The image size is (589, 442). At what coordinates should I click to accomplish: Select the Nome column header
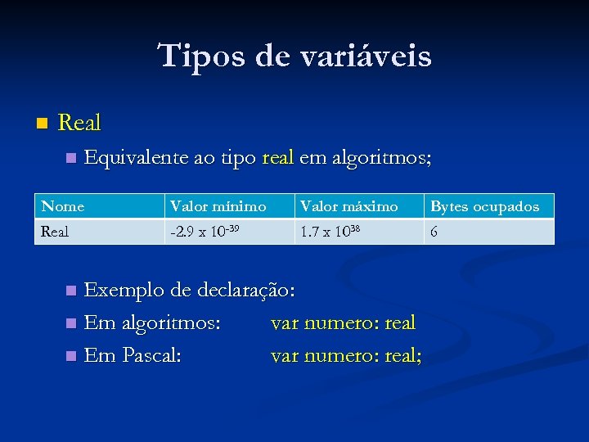63,206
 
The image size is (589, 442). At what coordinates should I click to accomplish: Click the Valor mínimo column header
218,206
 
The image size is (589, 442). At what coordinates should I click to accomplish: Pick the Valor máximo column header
349,206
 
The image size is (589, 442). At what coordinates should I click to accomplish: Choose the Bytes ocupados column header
484,206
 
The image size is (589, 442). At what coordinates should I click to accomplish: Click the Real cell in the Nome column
55,232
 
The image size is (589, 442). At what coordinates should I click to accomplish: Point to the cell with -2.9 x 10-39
205,232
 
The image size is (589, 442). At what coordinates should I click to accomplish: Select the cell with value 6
434,232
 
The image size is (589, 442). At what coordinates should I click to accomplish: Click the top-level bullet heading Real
80,124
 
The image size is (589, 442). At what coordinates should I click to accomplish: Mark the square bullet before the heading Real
43,124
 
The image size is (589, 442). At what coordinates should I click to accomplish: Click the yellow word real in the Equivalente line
278,157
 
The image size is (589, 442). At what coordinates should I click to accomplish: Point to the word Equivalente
137,157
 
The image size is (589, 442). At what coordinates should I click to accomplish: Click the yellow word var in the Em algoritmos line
285,323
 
